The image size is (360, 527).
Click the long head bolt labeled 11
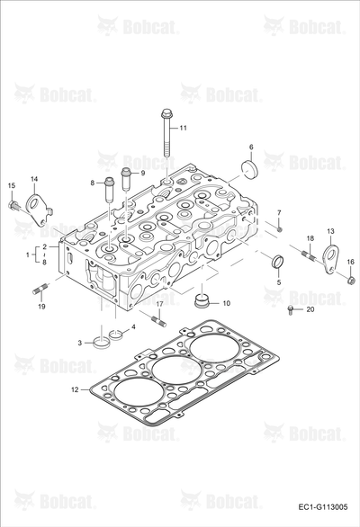(166, 132)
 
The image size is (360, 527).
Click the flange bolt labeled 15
(13, 205)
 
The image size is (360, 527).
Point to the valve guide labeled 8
(108, 189)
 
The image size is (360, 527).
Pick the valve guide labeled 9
(126, 179)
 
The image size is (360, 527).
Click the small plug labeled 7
(280, 229)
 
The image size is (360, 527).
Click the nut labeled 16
(351, 280)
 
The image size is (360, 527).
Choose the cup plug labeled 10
(202, 299)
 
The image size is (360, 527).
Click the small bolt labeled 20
(291, 310)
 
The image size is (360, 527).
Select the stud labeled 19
(40, 289)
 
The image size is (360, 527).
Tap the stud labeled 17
(158, 321)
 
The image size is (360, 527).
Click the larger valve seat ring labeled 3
(102, 344)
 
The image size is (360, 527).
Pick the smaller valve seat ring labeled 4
(116, 335)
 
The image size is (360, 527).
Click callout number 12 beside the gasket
(75, 389)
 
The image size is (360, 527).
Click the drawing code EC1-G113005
(323, 507)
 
